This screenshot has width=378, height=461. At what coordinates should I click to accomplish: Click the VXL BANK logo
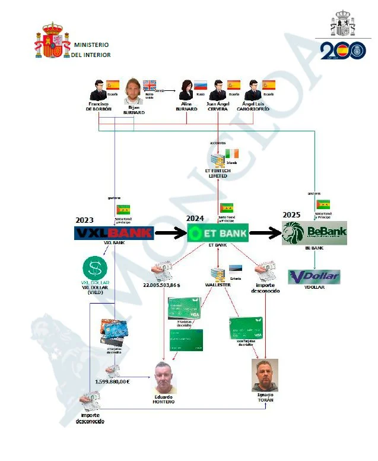(113, 233)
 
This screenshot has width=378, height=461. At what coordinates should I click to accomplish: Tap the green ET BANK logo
(218, 233)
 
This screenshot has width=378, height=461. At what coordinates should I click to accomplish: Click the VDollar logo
(314, 277)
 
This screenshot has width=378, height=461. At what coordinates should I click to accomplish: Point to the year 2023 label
(85, 220)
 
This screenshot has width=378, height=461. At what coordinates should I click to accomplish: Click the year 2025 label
(291, 215)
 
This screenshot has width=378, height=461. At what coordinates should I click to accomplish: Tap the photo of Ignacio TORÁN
(265, 375)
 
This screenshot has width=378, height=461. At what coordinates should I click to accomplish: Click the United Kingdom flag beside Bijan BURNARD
(150, 84)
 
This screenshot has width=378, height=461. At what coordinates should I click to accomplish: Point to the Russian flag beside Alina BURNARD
(200, 85)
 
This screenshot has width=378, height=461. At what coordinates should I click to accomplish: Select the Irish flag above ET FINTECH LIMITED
(231, 153)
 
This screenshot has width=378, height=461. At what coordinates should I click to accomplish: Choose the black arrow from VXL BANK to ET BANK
(170, 233)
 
